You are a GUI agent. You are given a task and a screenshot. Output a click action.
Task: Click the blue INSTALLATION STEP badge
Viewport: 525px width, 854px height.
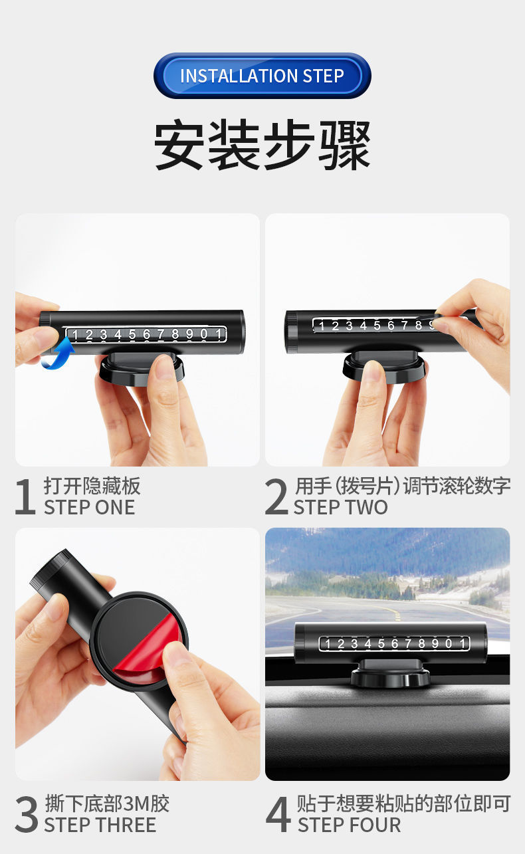click(262, 76)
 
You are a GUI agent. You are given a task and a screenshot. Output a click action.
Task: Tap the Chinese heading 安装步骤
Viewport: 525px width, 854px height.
click(262, 146)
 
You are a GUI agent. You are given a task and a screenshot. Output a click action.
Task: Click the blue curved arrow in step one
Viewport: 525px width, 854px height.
click(58, 353)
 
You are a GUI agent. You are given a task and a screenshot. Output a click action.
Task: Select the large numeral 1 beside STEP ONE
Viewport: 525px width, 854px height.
click(25, 496)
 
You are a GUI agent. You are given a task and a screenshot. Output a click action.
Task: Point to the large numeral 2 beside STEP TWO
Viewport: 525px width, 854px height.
click(276, 496)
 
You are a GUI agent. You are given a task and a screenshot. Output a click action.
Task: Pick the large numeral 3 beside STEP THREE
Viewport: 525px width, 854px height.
click(26, 815)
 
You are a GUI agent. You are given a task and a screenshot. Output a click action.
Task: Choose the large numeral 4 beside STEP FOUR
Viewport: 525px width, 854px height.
click(278, 815)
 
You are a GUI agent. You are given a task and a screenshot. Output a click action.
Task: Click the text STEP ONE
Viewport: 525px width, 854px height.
click(89, 507)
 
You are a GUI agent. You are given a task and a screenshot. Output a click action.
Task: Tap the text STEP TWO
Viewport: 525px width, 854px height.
click(340, 507)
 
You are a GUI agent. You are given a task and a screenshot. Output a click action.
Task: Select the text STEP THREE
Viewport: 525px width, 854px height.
click(100, 825)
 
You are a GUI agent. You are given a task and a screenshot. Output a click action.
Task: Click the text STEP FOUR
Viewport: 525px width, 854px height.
click(349, 825)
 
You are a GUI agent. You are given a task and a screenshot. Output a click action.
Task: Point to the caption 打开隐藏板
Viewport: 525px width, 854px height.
click(92, 486)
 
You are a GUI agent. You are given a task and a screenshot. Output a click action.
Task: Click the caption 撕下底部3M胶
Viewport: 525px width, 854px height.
click(107, 803)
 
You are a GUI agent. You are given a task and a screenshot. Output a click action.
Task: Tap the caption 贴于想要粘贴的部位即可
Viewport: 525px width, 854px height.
click(403, 803)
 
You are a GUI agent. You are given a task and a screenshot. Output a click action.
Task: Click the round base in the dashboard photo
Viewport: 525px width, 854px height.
click(387, 676)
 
